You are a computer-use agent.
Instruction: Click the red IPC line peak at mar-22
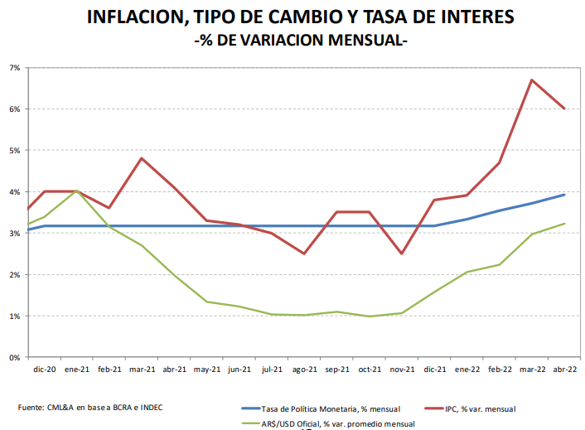(x=531, y=80)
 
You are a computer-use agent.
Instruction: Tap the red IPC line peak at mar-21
(x=142, y=158)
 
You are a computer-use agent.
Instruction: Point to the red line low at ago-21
(x=304, y=254)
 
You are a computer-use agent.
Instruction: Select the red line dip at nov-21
(x=401, y=254)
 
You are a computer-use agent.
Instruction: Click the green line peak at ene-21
(x=77, y=191)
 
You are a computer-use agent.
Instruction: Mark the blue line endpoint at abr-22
(x=564, y=195)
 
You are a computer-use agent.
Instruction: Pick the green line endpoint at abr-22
(x=564, y=224)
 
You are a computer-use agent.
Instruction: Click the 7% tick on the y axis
(x=14, y=67)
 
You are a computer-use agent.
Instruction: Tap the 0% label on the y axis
(x=14, y=357)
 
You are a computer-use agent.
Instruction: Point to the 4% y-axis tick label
(x=14, y=191)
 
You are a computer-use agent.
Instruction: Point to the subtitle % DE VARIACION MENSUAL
(x=300, y=40)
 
